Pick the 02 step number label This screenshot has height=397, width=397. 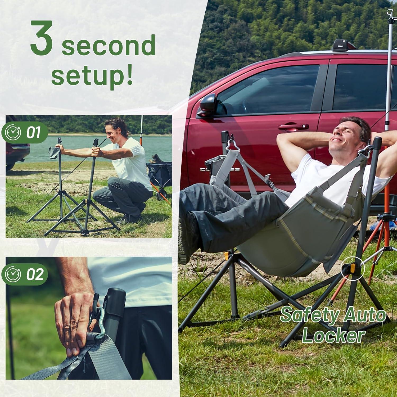click(x=35, y=274)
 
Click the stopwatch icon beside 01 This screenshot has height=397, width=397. click(x=13, y=132)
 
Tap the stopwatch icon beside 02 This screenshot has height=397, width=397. click(x=13, y=274)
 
